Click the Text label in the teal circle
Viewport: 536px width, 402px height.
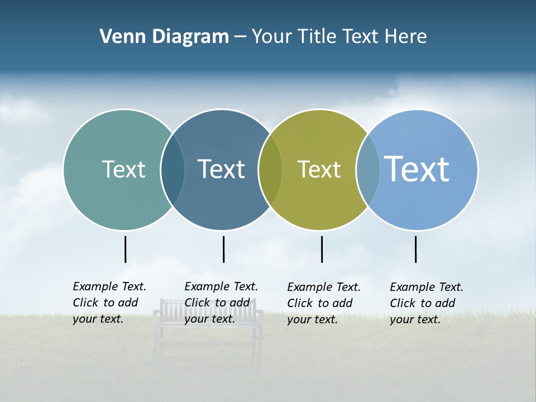point(123,169)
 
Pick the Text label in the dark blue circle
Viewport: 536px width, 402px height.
point(221,169)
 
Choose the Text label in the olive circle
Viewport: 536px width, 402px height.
point(319,169)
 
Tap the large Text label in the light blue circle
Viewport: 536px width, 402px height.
point(417,169)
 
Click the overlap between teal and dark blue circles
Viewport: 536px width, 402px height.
point(173,169)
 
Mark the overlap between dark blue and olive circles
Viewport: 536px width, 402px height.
point(270,169)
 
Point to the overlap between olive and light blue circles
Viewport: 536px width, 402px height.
point(368,169)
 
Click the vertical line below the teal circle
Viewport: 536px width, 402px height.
point(126,249)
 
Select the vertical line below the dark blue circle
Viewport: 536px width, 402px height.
point(223,249)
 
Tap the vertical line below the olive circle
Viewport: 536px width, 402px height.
point(322,249)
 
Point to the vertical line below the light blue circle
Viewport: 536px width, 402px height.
point(415,249)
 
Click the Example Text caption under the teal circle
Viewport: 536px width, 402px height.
point(109,303)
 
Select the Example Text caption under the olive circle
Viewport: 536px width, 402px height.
point(323,303)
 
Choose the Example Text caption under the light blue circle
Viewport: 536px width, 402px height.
point(426,303)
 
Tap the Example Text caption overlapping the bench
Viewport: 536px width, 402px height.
point(221,303)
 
